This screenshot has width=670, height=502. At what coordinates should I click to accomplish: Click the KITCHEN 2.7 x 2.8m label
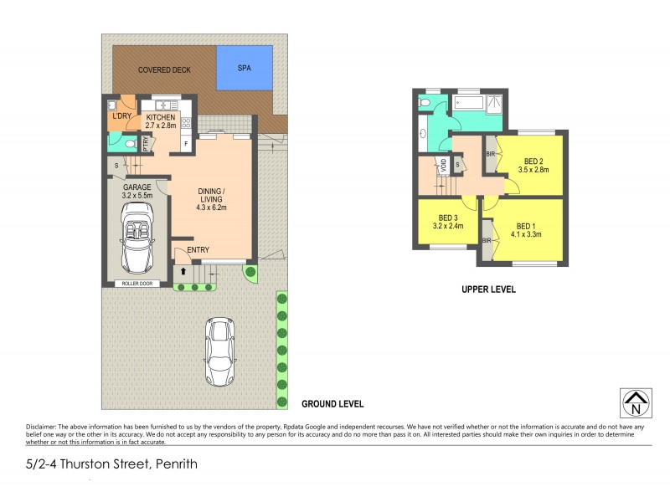click(161, 122)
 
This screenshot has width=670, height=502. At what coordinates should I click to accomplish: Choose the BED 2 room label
click(533, 166)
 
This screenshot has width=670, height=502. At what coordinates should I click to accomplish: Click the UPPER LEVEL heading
click(488, 289)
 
